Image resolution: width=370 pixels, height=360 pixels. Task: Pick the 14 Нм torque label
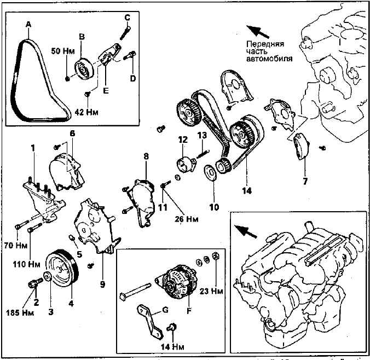click(x=171, y=346)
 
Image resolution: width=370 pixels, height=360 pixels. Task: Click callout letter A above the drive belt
click(x=28, y=24)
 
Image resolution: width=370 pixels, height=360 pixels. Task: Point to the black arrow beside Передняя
click(x=256, y=30)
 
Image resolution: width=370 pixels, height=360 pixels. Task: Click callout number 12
click(x=182, y=140)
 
